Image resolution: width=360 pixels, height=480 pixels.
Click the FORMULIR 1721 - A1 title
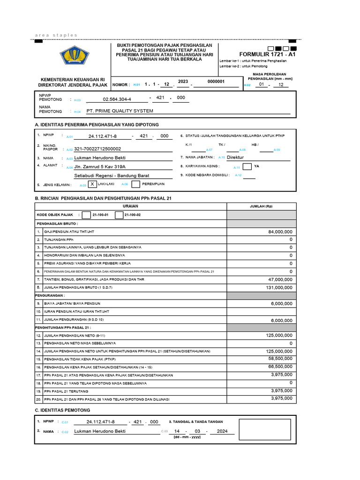(x=267, y=54)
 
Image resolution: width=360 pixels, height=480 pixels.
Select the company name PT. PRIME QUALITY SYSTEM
(x=120, y=111)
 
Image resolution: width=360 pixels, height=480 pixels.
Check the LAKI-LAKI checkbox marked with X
(x=92, y=185)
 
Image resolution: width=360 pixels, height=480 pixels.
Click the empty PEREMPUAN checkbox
(x=136, y=185)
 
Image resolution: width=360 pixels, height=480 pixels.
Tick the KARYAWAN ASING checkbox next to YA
(x=247, y=166)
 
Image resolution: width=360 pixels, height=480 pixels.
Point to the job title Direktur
(x=235, y=157)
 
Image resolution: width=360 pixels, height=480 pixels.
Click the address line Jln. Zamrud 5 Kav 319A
(x=100, y=166)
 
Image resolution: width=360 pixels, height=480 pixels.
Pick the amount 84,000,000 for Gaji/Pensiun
(x=280, y=232)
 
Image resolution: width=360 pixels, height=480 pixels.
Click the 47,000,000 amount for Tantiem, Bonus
(x=280, y=279)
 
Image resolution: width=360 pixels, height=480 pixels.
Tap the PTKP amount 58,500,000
(x=280, y=359)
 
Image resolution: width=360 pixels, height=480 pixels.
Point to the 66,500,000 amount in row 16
(x=280, y=367)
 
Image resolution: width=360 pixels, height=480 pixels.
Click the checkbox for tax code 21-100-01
(x=86, y=215)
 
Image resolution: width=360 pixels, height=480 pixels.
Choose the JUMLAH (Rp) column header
(x=262, y=207)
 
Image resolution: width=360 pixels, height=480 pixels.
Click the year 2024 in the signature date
(x=219, y=431)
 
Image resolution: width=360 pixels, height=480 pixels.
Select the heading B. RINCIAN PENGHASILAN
(x=103, y=198)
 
